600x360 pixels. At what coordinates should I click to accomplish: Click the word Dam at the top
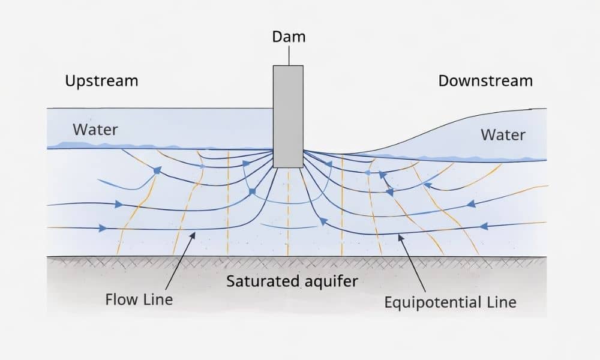289,37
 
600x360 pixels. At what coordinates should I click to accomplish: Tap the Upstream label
101,80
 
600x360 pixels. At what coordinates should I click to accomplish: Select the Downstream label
485,80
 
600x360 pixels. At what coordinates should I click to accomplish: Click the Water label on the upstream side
95,129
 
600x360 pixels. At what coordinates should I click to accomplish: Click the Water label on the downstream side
503,134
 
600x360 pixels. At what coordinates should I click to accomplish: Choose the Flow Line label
139,299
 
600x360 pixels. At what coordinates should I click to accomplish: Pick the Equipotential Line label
450,301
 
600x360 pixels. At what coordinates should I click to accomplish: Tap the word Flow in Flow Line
122,299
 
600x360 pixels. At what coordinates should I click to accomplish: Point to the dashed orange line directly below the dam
288,210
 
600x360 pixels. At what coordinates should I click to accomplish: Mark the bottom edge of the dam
288,167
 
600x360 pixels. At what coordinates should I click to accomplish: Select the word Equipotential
433,302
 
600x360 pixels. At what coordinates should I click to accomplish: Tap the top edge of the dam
288,65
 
